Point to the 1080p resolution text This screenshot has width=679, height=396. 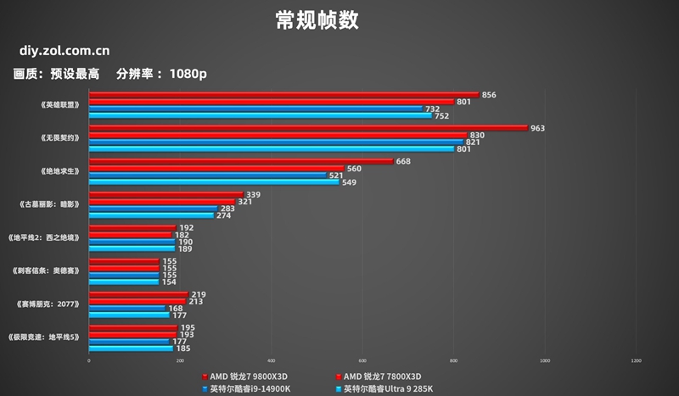pyautogui.click(x=188, y=74)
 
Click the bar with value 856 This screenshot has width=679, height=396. pyautogui.click(x=283, y=95)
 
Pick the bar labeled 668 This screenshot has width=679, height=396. pyautogui.click(x=241, y=161)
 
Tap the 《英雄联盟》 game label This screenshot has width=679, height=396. pyautogui.click(x=59, y=105)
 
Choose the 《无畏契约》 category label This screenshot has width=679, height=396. pyautogui.click(x=59, y=138)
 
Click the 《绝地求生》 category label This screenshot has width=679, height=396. pyautogui.click(x=59, y=171)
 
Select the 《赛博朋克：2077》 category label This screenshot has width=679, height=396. pyautogui.click(x=49, y=304)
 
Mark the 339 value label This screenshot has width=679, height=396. pyautogui.click(x=252, y=194)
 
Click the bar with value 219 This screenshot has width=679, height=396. pyautogui.click(x=138, y=293)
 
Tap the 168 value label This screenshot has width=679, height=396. pyautogui.click(x=176, y=309)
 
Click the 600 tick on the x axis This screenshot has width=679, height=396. pyautogui.click(x=362, y=361)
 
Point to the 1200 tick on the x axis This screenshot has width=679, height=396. pyautogui.click(x=636, y=361)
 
